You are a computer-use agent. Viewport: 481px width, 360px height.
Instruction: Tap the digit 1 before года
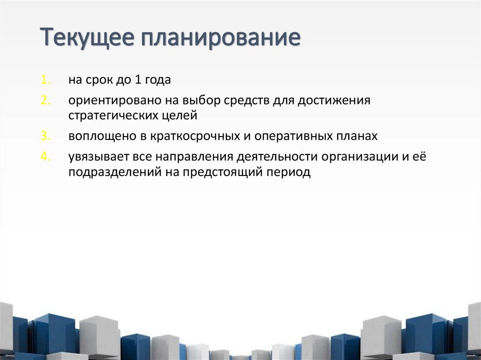tap(138, 80)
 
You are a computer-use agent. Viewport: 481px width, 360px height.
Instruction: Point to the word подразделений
tap(115, 172)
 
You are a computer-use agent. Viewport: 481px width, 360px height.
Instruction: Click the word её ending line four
tap(419, 156)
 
